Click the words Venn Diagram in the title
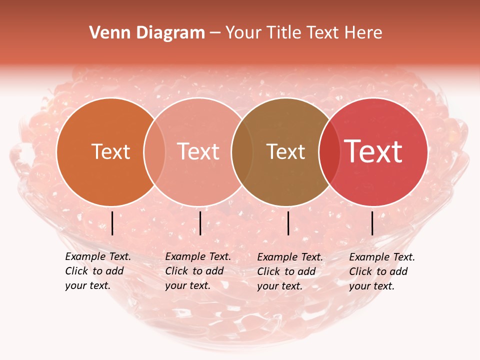click(147, 33)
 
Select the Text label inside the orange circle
click(110, 151)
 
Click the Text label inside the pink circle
click(198, 151)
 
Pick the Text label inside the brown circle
click(285, 151)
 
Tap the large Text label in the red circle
click(373, 151)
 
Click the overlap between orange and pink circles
click(154, 151)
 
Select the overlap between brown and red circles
click(329, 151)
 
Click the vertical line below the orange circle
click(112, 223)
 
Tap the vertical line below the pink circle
click(200, 223)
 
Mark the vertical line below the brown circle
click(288, 223)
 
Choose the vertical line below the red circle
click(372, 223)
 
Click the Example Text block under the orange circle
click(98, 271)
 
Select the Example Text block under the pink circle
click(198, 271)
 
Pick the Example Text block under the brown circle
click(290, 271)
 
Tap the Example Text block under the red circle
click(382, 271)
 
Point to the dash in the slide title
click(215, 33)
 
